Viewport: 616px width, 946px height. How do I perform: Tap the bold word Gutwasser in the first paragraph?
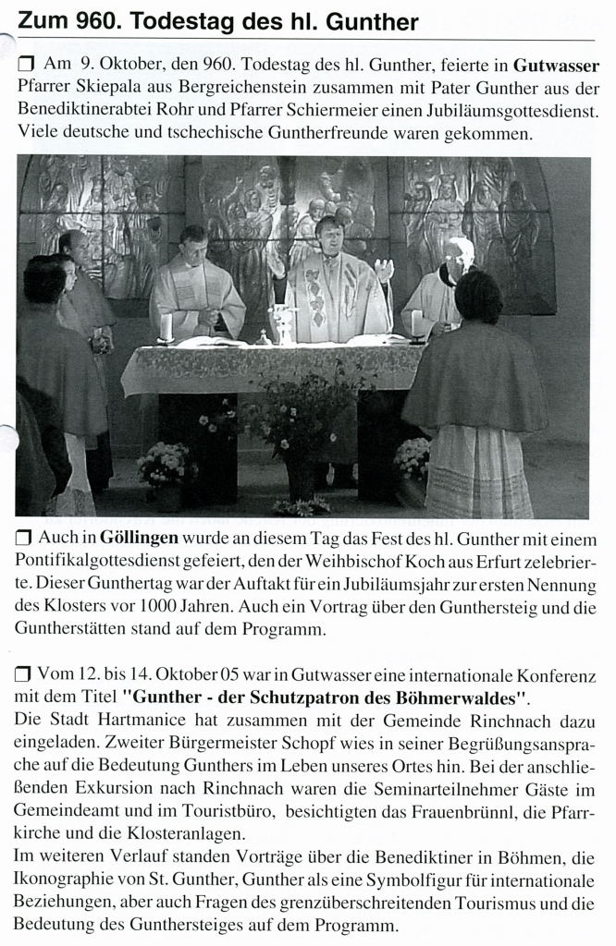(x=556, y=67)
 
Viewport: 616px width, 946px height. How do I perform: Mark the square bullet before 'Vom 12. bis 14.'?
(x=24, y=676)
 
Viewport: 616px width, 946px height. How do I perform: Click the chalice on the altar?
(x=282, y=322)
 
